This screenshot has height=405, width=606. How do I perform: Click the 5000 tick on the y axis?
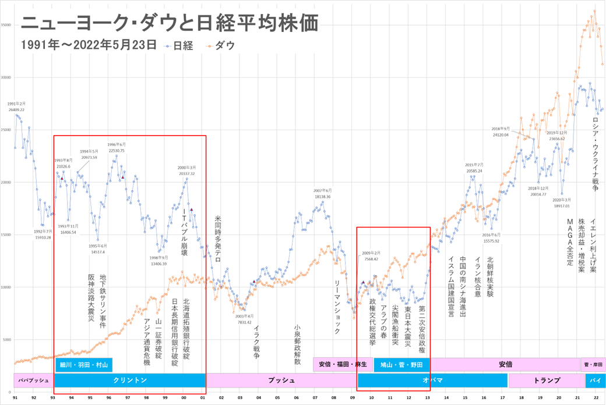[x=6, y=339]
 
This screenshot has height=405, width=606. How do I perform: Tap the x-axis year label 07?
[x=315, y=397]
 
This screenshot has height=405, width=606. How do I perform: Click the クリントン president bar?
[x=129, y=381]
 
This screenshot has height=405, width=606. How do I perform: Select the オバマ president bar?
[x=432, y=381]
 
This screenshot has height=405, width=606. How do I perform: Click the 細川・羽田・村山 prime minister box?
[x=83, y=365]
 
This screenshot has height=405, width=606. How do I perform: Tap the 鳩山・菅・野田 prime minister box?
[x=401, y=365]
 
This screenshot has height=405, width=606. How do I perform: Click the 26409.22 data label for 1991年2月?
[x=16, y=109]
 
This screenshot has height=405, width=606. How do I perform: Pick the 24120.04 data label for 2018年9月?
[x=501, y=134]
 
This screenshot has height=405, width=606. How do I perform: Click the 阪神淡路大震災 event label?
[x=91, y=297]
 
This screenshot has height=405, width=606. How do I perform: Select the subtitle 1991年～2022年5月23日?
[x=88, y=44]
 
